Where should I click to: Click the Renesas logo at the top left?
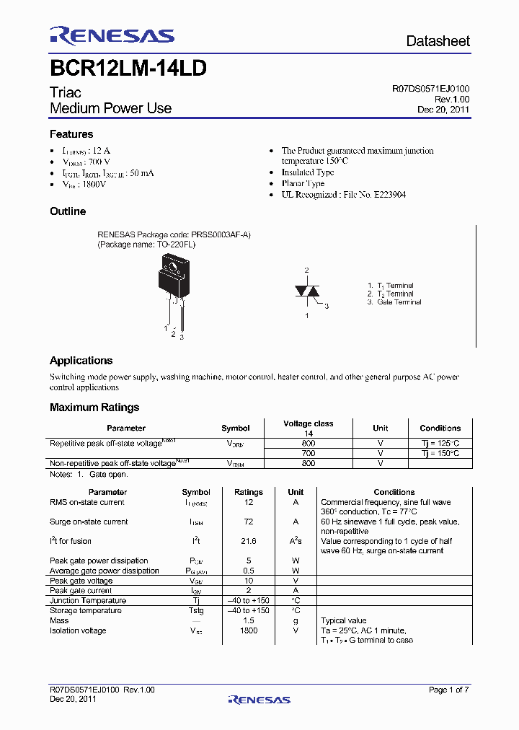click(x=112, y=36)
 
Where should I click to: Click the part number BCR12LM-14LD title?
click(x=128, y=69)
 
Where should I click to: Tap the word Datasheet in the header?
click(x=438, y=41)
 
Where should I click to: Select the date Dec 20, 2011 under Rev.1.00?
click(x=443, y=110)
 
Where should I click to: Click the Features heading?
click(x=71, y=134)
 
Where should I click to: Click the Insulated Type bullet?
click(x=308, y=172)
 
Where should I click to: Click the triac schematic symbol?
click(x=306, y=291)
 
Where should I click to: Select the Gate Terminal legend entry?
click(x=394, y=302)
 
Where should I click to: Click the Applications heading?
click(x=81, y=361)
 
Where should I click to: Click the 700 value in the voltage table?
click(x=308, y=453)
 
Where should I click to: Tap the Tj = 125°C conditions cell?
click(x=440, y=443)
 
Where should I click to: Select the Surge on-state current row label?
click(x=89, y=522)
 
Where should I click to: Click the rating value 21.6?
click(x=249, y=541)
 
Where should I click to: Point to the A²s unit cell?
click(x=296, y=541)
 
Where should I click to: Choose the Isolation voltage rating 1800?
click(x=249, y=630)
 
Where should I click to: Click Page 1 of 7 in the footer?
click(x=448, y=690)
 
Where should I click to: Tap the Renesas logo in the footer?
click(x=259, y=699)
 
